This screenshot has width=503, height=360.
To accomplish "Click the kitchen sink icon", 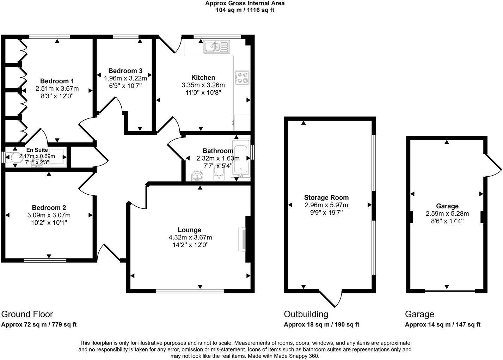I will [216, 47].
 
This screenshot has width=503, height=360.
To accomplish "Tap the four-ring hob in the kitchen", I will [242, 78].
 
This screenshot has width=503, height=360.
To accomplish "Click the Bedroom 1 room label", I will [57, 81].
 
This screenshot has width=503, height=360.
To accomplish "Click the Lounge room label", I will [189, 230].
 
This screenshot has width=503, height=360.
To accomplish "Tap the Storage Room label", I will [326, 197].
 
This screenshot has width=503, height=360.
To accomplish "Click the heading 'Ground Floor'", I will [27, 314].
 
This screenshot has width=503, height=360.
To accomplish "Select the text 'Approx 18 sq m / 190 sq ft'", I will [321, 325].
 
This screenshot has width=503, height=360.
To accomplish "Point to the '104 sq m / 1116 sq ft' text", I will [245, 10].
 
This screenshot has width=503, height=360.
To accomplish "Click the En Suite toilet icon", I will [14, 158].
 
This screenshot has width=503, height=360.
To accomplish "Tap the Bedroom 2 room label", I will [49, 208].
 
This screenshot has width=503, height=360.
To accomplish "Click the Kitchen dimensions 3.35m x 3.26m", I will [203, 85].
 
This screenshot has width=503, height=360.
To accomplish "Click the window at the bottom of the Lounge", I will [190, 291].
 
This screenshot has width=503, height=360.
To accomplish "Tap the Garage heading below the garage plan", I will [419, 314].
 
